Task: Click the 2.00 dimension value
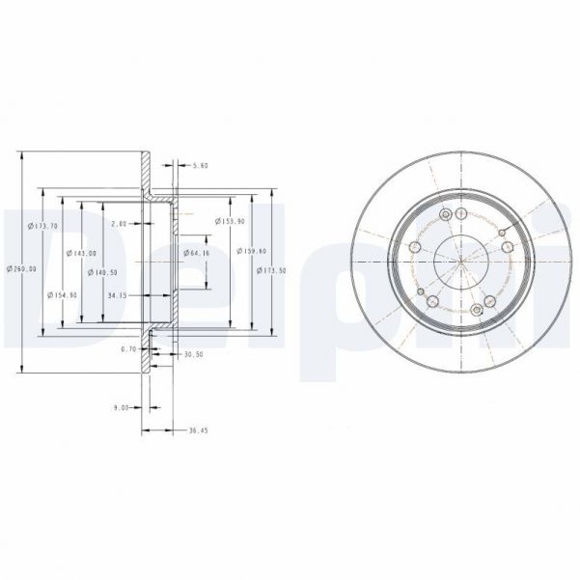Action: [x=120, y=224]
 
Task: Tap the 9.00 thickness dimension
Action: [x=121, y=408]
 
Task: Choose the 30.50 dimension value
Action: [x=193, y=355]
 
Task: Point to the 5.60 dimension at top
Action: [x=201, y=166]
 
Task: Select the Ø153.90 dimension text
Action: [x=228, y=221]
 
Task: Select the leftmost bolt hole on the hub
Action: [x=415, y=248]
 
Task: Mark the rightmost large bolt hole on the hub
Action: [x=506, y=246]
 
